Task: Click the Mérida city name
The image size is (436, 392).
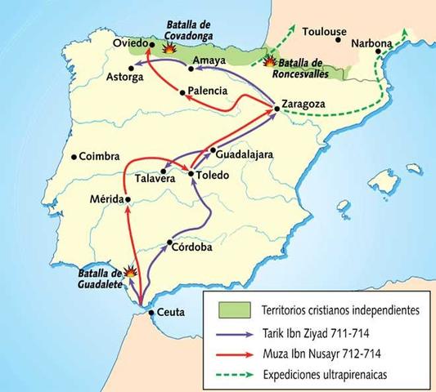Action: pyautogui.click(x=106, y=198)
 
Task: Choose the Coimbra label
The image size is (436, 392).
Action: pyautogui.click(x=100, y=156)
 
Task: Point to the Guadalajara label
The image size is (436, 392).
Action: pyautogui.click(x=245, y=152)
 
